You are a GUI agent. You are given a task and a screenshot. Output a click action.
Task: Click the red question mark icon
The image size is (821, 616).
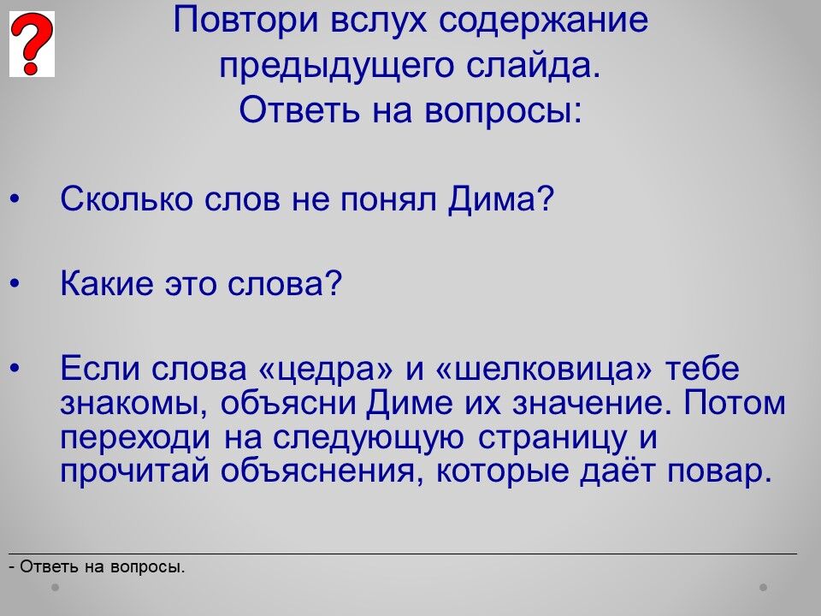pyautogui.click(x=32, y=44)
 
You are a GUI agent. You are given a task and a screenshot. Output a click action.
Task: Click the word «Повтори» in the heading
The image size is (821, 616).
pyautogui.click(x=245, y=21)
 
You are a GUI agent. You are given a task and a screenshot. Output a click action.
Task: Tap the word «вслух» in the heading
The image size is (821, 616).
pyautogui.click(x=379, y=21)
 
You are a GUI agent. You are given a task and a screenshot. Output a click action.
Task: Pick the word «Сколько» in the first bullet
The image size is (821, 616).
pyautogui.click(x=127, y=199)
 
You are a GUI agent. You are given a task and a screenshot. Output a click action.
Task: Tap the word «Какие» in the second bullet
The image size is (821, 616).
pyautogui.click(x=106, y=283)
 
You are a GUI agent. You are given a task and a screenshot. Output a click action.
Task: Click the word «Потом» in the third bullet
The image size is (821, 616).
pyautogui.click(x=735, y=403)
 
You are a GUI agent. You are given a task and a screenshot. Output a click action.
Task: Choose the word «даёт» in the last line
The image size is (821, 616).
pyautogui.click(x=617, y=471)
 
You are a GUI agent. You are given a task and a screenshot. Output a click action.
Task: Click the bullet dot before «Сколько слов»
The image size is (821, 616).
pyautogui.click(x=15, y=199)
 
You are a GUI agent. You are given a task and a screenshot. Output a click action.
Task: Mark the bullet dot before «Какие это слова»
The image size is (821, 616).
pyautogui.click(x=15, y=284)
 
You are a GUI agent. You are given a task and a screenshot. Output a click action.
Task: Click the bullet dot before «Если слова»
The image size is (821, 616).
pyautogui.click(x=15, y=370)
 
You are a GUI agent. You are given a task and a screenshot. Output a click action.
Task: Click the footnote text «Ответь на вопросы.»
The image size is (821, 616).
pyautogui.click(x=103, y=566)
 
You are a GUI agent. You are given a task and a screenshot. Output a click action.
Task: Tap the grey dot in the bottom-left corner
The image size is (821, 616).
pyautogui.click(x=55, y=587)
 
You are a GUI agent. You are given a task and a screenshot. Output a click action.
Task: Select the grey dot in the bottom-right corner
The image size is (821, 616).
pyautogui.click(x=764, y=587)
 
